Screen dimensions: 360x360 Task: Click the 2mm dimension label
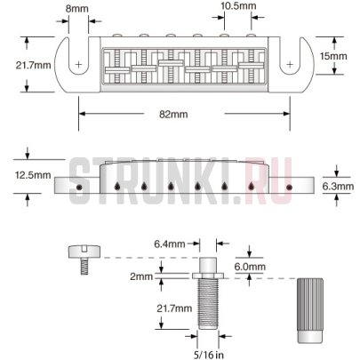point(141,277)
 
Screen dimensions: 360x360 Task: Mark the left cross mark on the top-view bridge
point(80,65)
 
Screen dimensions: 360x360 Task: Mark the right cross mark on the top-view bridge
point(288,64)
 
